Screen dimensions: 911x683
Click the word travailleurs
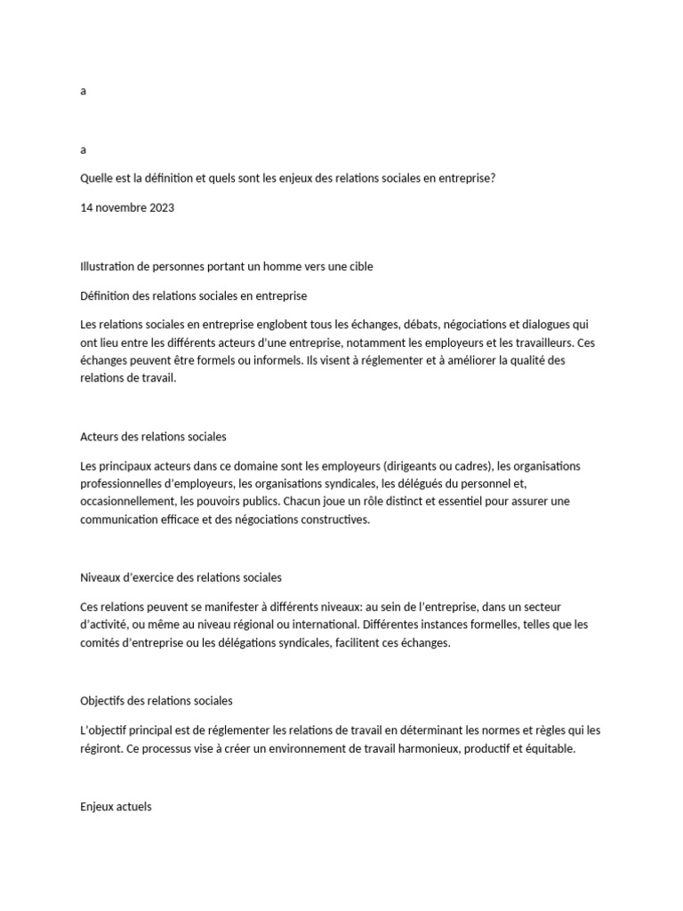pos(534,343)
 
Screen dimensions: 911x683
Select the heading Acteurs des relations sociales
pos(153,437)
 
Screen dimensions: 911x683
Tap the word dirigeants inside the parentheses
pos(408,466)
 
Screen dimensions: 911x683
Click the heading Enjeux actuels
pos(116,807)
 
